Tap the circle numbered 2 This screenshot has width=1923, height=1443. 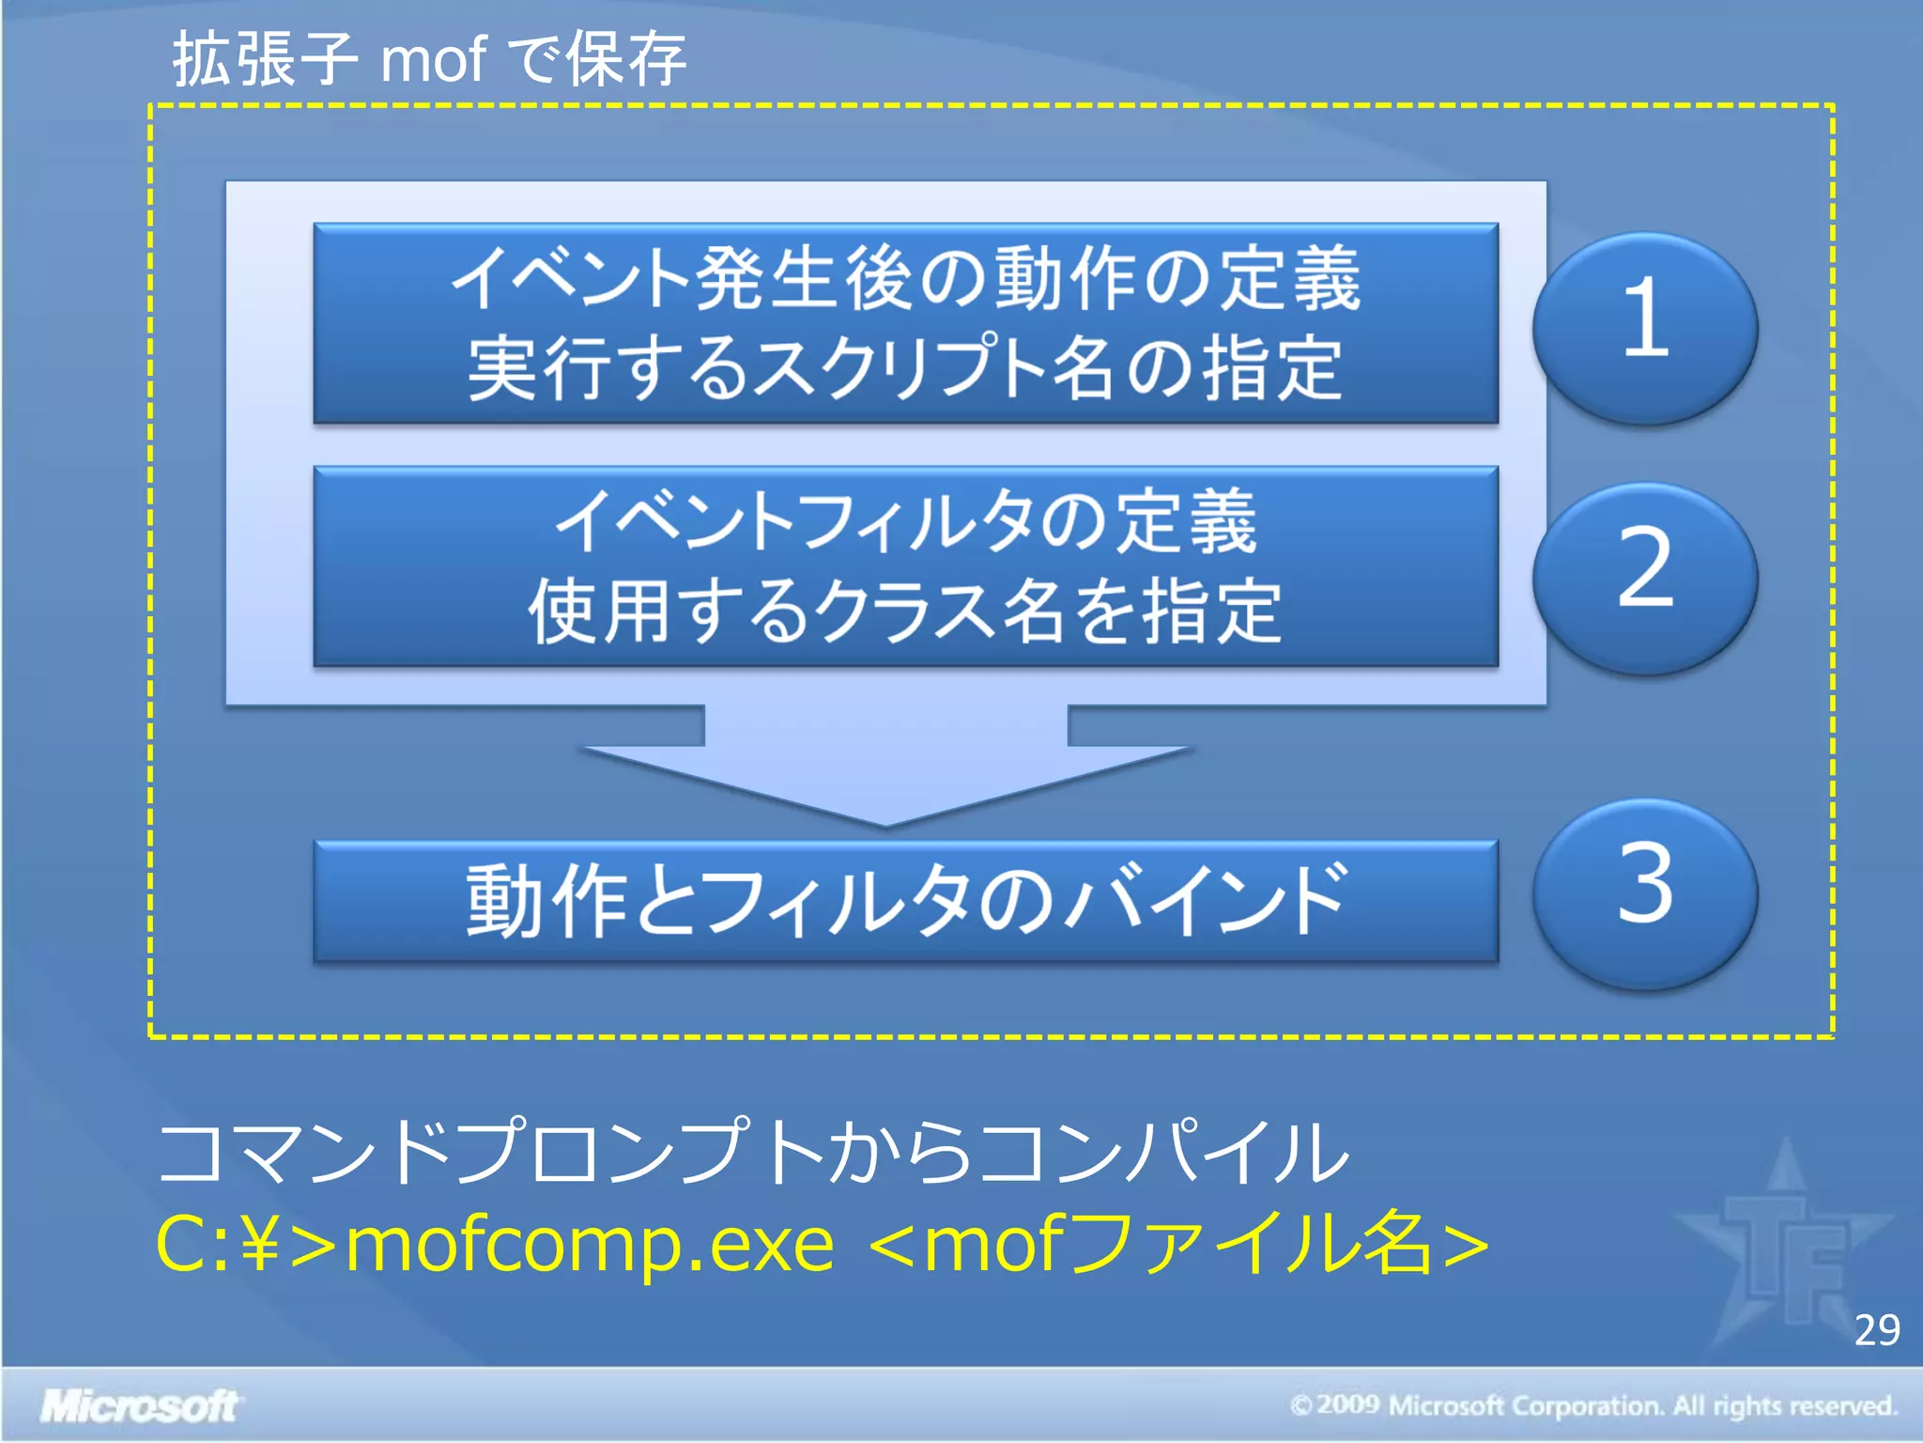1645,575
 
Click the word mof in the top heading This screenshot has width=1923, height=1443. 433,59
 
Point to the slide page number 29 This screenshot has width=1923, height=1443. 1877,1330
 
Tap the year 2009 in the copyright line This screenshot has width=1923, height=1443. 1348,1404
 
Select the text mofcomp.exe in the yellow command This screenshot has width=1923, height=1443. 590,1244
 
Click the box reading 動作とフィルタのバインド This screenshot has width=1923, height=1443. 905,900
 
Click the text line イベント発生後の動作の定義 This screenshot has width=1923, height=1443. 905,278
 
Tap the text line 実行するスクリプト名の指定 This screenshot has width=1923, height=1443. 905,368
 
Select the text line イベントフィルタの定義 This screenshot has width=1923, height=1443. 905,521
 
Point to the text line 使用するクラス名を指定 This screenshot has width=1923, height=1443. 905,612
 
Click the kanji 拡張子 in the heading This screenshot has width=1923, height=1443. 265,59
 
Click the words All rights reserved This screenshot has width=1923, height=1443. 1784,1405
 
